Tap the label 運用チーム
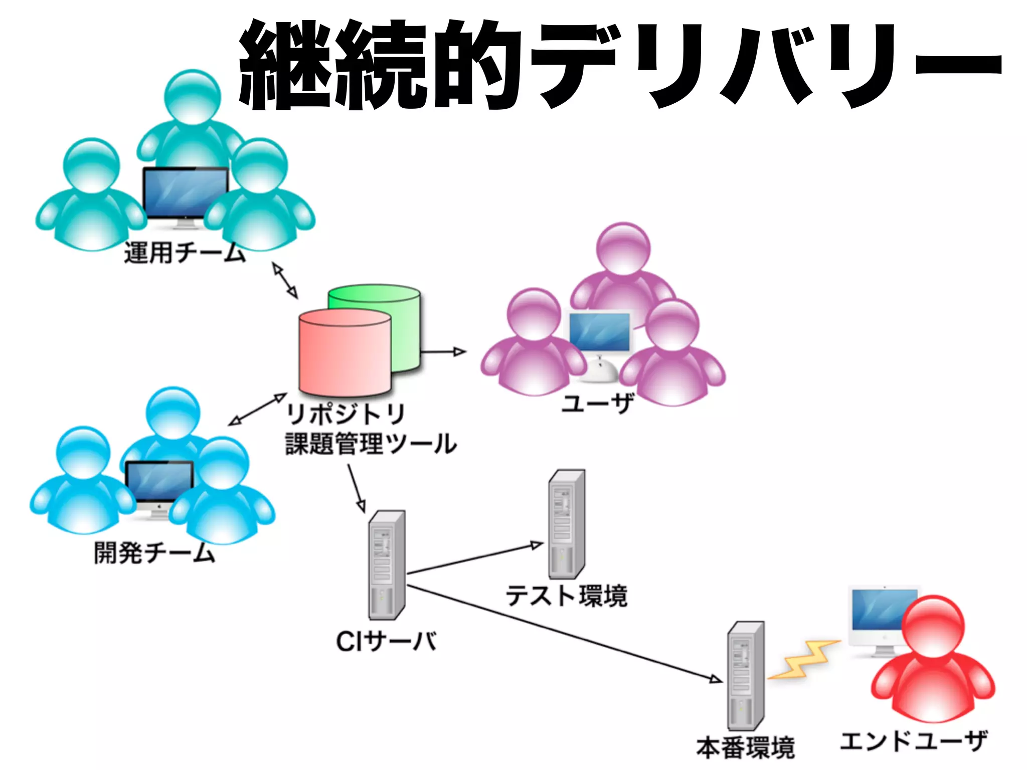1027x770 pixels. (x=185, y=252)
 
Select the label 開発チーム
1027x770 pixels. (x=154, y=553)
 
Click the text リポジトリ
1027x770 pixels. (x=345, y=414)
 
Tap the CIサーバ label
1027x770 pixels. (x=386, y=641)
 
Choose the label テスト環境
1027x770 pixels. (x=566, y=596)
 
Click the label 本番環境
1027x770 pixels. (x=746, y=747)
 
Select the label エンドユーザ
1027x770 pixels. (x=914, y=741)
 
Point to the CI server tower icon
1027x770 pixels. (x=386, y=565)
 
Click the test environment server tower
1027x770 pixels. (x=566, y=524)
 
